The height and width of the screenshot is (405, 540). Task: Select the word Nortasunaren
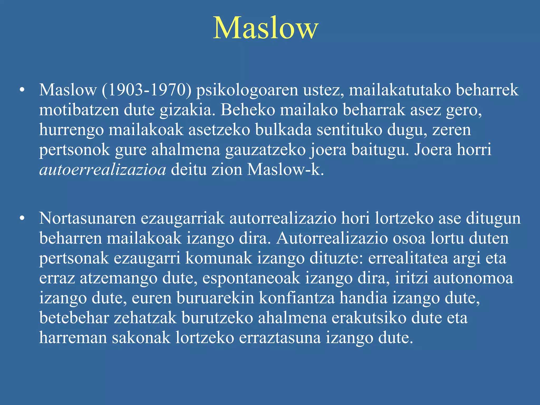[87, 219]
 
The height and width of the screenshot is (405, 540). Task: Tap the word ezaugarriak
[182, 219]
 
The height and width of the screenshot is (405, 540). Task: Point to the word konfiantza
[297, 298]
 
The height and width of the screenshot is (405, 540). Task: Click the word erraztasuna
[280, 338]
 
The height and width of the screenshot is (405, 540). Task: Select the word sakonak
[141, 338]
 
